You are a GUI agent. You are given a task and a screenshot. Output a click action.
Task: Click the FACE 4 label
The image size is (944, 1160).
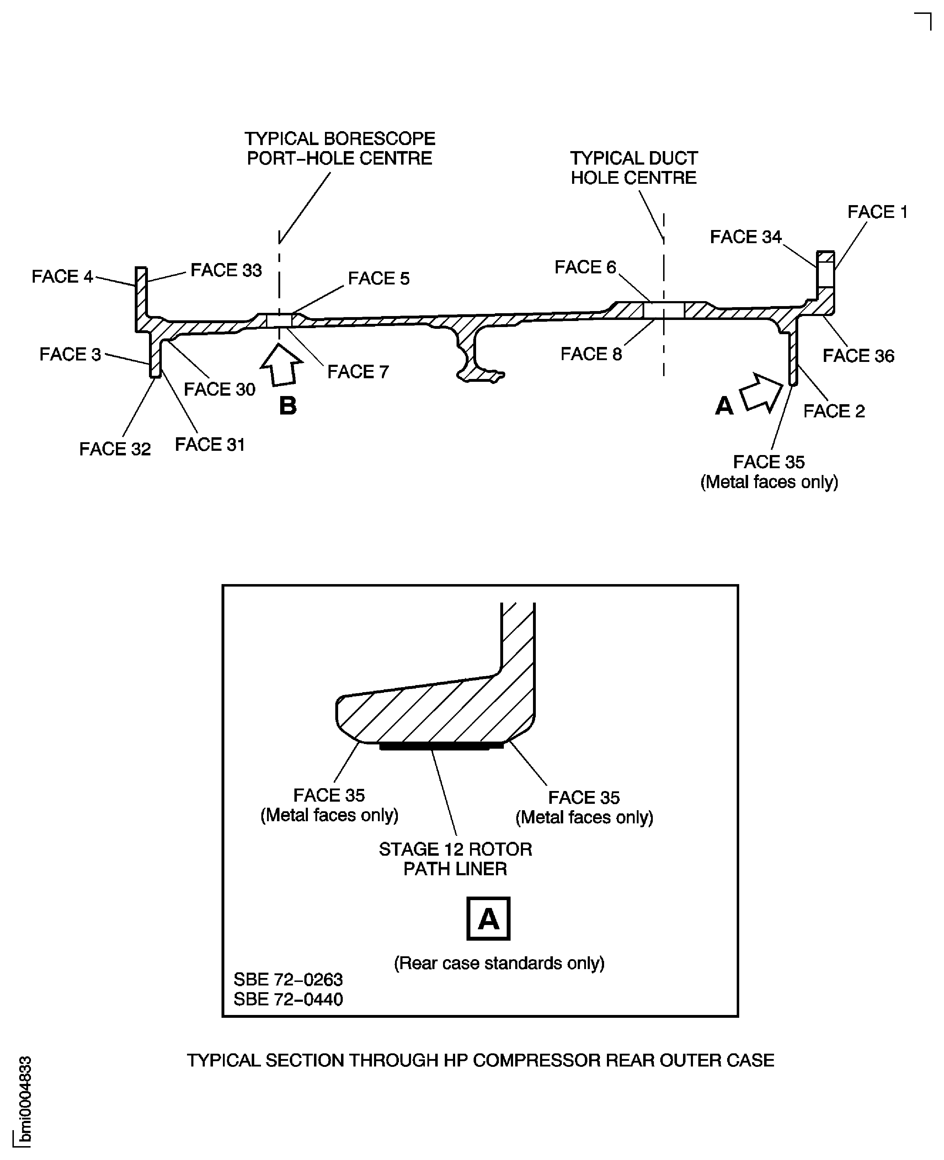(x=62, y=277)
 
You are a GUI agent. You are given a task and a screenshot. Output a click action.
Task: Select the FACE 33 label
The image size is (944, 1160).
(x=226, y=270)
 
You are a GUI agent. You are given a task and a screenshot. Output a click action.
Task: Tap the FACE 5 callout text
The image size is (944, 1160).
(x=378, y=278)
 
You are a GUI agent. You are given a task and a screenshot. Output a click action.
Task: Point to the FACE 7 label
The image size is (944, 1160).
(x=358, y=372)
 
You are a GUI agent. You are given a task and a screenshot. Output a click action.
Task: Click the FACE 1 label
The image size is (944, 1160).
(x=877, y=212)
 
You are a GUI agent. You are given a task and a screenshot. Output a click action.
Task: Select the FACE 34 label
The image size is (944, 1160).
(x=746, y=237)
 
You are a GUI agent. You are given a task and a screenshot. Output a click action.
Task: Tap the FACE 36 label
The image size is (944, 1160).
(x=858, y=356)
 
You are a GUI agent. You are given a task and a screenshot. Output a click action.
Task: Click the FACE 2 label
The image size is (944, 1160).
(x=834, y=411)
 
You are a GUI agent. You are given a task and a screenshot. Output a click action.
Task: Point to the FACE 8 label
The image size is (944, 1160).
(x=591, y=354)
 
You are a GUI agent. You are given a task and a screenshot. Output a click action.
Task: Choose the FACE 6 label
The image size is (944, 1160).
(x=585, y=267)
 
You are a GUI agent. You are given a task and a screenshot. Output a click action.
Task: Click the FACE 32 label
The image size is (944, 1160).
(x=115, y=449)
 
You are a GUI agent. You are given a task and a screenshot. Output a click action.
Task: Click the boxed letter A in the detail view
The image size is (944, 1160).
(x=488, y=919)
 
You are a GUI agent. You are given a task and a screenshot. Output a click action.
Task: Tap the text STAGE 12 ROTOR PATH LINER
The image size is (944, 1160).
(x=455, y=859)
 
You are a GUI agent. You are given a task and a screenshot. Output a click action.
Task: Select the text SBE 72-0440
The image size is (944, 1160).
(x=288, y=999)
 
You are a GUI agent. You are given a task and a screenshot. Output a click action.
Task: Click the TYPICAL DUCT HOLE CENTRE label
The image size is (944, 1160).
(x=634, y=168)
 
